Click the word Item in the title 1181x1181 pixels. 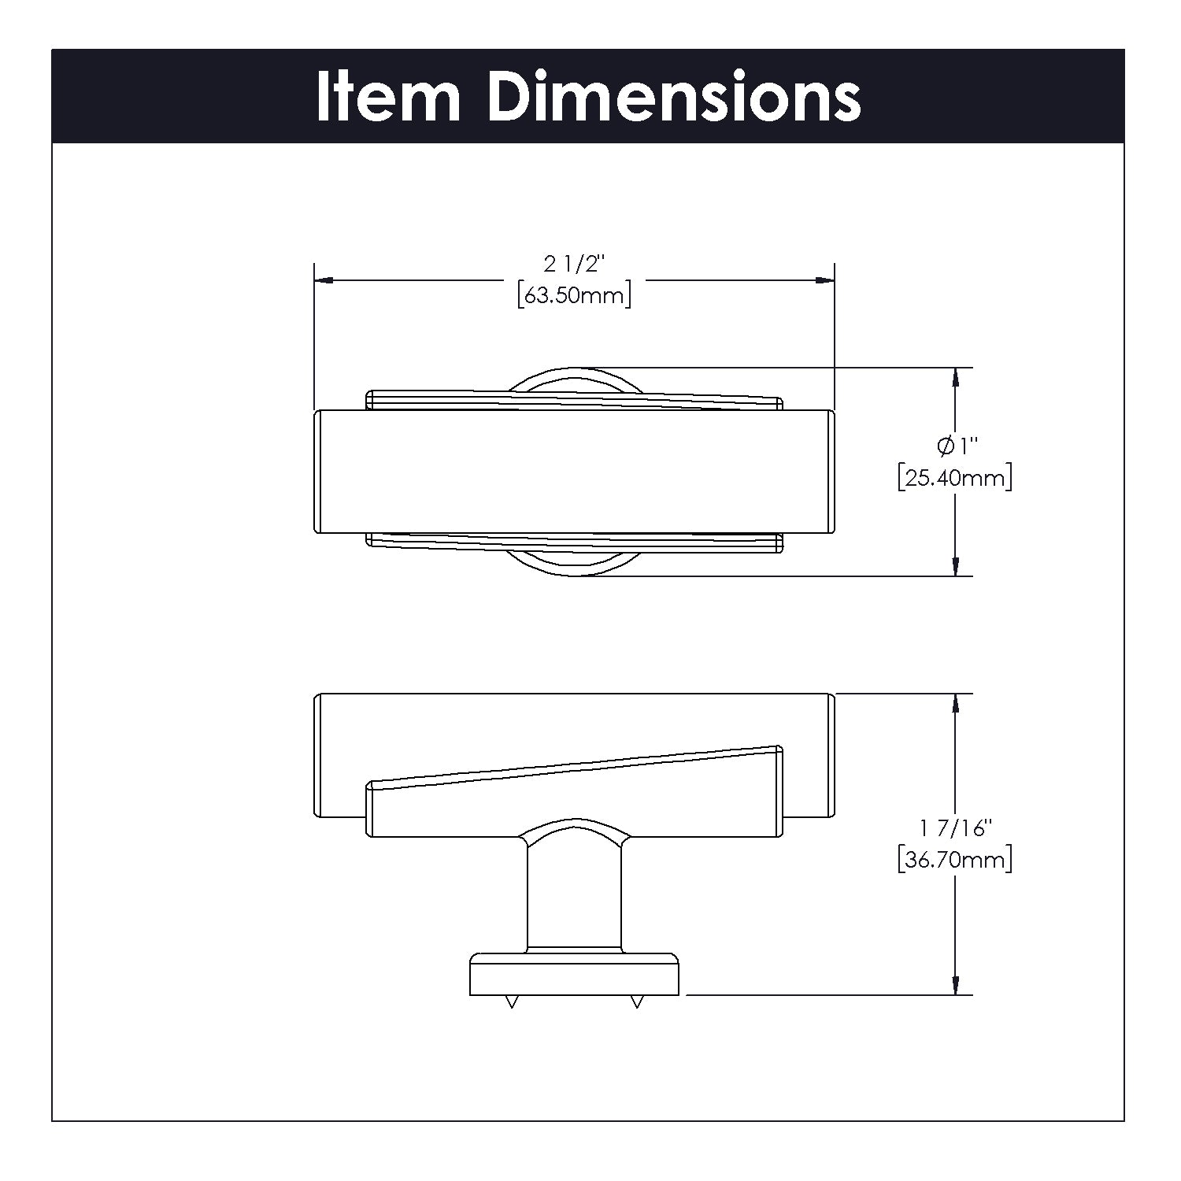(x=388, y=96)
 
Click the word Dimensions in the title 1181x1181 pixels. (x=675, y=96)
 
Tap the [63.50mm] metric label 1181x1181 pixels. (x=575, y=296)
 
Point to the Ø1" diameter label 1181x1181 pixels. (x=957, y=446)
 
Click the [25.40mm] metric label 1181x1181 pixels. (x=954, y=478)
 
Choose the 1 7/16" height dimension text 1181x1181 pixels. (x=954, y=827)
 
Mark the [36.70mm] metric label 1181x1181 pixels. (x=954, y=859)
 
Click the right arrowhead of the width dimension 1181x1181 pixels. (x=824, y=280)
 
